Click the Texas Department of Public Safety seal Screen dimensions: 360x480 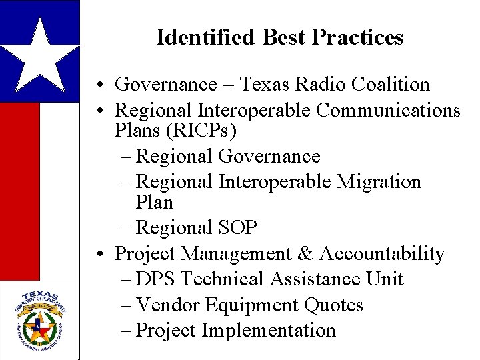tap(39, 319)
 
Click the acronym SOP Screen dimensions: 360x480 tap(237, 228)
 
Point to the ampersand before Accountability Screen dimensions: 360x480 tap(305, 254)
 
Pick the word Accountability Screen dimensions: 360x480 tap(382, 254)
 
